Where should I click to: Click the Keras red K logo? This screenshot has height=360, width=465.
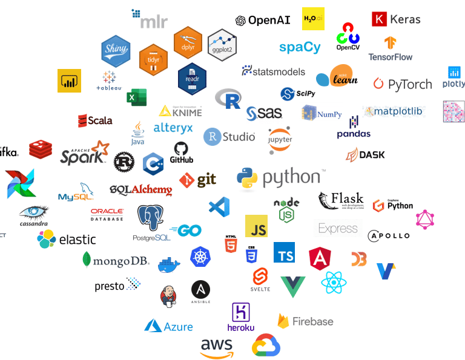pyautogui.click(x=380, y=19)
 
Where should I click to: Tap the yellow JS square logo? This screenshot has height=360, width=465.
pyautogui.click(x=256, y=226)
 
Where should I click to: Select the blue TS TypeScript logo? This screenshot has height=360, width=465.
pyautogui.click(x=284, y=252)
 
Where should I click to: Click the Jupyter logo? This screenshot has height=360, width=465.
pyautogui.click(x=280, y=139)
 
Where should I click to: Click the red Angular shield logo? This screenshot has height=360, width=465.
pyautogui.click(x=319, y=258)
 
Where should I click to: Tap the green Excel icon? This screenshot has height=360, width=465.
pyautogui.click(x=136, y=97)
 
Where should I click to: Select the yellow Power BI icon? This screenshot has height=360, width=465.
pyautogui.click(x=69, y=80)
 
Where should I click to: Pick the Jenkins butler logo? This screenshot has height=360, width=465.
pyautogui.click(x=169, y=295)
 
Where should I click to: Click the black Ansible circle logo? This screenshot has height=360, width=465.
pyautogui.click(x=200, y=290)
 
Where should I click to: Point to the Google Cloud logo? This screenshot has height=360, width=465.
pyautogui.click(x=267, y=346)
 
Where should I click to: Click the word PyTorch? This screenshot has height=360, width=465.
pyautogui.click(x=410, y=85)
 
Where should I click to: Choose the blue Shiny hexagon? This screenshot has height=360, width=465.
pyautogui.click(x=116, y=50)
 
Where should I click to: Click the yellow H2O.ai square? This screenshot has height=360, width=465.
pyautogui.click(x=313, y=19)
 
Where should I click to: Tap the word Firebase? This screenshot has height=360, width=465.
pyautogui.click(x=312, y=321)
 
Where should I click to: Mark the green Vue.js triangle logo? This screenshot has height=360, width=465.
pyautogui.click(x=293, y=286)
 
